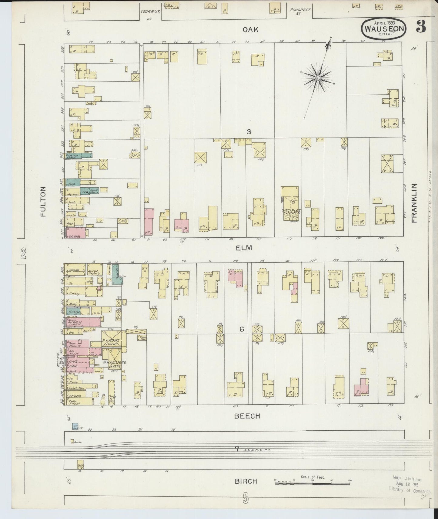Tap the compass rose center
(x=318, y=78)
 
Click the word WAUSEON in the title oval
(x=384, y=29)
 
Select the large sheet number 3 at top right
(x=421, y=27)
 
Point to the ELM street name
(x=244, y=248)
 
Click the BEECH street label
(x=247, y=416)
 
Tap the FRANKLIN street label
(x=414, y=203)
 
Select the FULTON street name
(x=43, y=202)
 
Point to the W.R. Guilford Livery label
(x=114, y=364)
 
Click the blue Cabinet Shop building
(x=79, y=155)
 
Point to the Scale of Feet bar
(x=312, y=482)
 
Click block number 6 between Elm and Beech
(x=242, y=329)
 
